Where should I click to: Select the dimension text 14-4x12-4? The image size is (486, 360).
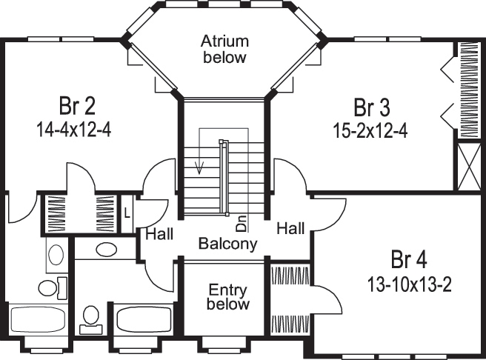[73, 129]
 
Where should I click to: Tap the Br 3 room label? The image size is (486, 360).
[371, 107]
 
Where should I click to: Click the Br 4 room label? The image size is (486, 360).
[410, 260]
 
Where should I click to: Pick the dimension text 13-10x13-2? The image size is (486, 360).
[410, 283]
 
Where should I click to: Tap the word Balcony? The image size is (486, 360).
[227, 243]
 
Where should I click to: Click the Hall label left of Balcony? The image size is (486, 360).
[159, 235]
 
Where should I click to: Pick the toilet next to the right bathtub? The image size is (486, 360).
[91, 317]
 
